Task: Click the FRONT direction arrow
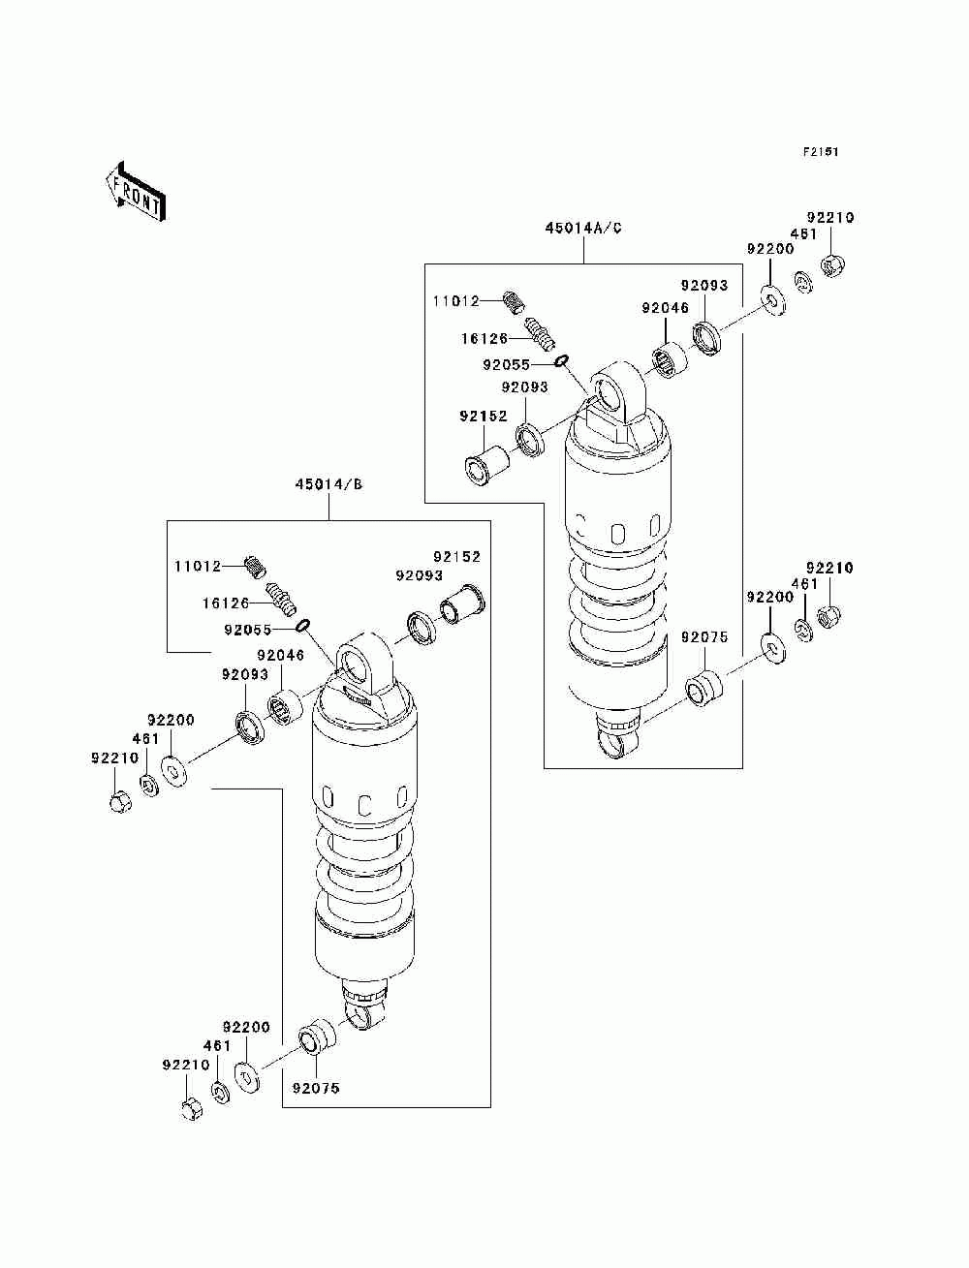136,191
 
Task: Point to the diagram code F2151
820,152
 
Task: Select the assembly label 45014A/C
582,229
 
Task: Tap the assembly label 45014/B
328,484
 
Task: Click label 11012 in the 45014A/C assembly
456,301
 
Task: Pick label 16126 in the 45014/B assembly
226,603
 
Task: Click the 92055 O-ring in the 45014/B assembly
302,626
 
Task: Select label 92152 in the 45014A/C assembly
484,416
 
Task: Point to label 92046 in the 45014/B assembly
280,655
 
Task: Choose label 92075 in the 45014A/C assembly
704,637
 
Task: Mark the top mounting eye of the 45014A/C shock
617,393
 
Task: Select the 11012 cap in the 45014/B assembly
256,566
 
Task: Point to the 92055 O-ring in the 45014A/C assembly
561,361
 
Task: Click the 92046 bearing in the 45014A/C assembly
670,360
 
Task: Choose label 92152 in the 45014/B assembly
457,557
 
